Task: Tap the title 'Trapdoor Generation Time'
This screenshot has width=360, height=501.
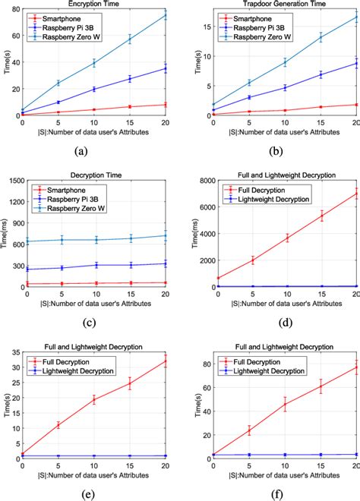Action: (x=278, y=5)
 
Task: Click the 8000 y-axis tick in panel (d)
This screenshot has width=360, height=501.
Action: (x=201, y=180)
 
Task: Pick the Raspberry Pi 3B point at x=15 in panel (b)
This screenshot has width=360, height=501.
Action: (x=321, y=74)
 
